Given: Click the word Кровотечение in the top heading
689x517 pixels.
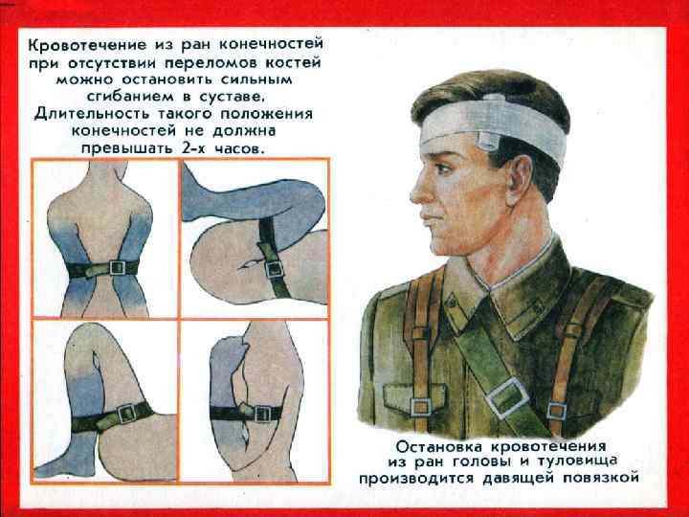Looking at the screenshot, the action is (87, 45).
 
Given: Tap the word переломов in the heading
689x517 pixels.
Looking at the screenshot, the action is (211, 62).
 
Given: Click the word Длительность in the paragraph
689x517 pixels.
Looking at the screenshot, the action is (92, 114).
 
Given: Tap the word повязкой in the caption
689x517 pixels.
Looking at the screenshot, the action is (598, 478).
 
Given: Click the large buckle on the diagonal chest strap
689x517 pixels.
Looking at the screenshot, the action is (507, 398).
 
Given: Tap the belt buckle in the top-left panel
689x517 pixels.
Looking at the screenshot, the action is (118, 267).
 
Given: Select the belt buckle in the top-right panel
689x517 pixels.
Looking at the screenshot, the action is (275, 269).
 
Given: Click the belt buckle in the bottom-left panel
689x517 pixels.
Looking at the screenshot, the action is (126, 414).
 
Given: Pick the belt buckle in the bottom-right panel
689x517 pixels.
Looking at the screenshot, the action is (263, 414).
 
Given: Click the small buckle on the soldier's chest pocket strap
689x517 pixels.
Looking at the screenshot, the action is (421, 407).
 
